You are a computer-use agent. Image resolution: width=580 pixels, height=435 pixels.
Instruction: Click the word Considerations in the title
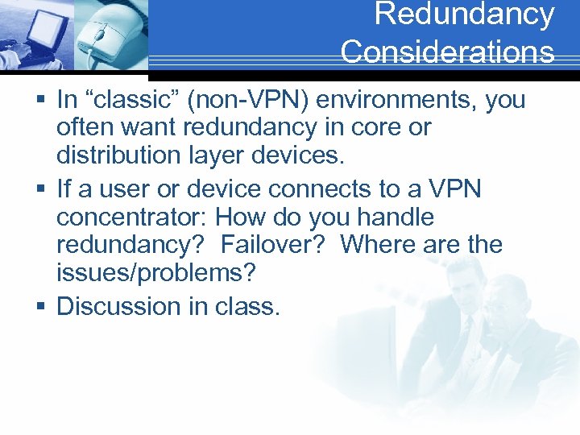tap(447, 52)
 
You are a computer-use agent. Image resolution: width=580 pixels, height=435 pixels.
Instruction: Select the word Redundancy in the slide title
tap(465, 14)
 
